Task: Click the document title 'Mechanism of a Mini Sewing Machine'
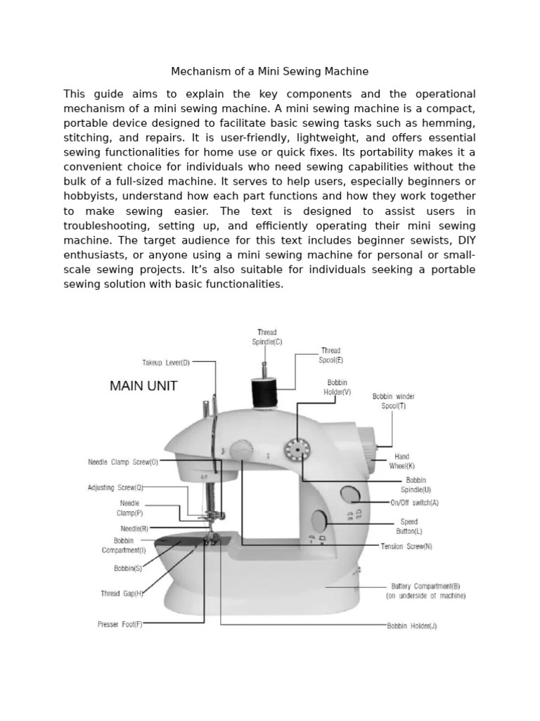point(270,72)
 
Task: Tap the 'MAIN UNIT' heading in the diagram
point(143,386)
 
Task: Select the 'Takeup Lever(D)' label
point(166,363)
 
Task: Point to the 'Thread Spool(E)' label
point(330,355)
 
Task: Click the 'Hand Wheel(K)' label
point(401,461)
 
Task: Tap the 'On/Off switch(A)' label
point(414,503)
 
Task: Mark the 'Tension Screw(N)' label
point(406,546)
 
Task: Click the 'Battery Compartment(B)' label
point(425,590)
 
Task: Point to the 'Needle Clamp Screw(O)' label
point(123,463)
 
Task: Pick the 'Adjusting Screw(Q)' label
point(115,487)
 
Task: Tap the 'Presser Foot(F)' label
point(120,624)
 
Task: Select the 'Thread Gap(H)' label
point(122,594)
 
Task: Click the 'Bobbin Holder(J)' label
point(411,625)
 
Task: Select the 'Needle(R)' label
point(134,527)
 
